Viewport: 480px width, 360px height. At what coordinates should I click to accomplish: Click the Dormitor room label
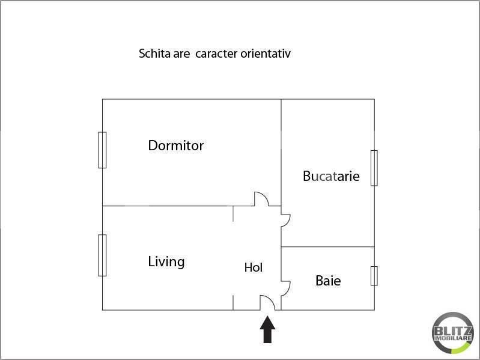click(x=175, y=145)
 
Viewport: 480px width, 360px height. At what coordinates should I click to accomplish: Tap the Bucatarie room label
click(x=331, y=176)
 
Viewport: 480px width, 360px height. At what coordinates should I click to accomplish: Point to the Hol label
click(x=254, y=267)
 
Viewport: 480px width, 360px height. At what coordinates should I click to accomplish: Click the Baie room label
click(x=328, y=281)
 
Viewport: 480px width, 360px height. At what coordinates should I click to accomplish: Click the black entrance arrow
click(x=267, y=329)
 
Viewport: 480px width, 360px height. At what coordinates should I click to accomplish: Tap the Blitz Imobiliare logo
click(x=453, y=333)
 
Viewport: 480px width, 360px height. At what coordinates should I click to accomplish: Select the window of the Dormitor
click(x=102, y=150)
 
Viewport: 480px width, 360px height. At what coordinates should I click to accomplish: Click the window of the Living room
click(x=102, y=255)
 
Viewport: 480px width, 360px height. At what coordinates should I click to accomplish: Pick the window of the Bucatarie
click(x=374, y=168)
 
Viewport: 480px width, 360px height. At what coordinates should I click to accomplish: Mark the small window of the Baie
click(x=374, y=276)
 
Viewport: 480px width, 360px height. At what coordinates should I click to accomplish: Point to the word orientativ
click(x=266, y=53)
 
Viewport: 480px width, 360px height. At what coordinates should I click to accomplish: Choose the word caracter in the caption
click(x=216, y=54)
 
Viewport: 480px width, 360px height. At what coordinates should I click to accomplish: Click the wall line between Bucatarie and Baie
click(x=327, y=247)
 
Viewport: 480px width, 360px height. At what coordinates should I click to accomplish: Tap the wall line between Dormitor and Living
click(x=178, y=206)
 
